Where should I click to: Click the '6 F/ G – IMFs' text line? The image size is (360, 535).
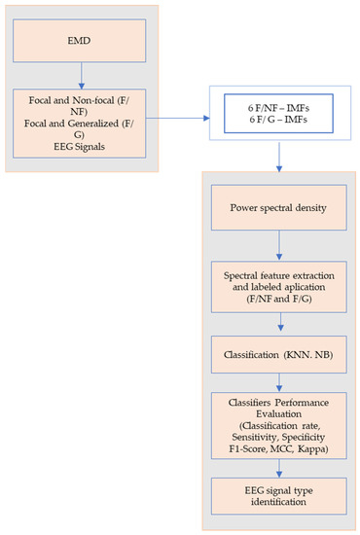pos(277,118)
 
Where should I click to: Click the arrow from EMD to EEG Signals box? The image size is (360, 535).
pos(81,74)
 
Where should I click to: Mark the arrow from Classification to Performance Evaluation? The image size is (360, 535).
pos(278,383)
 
